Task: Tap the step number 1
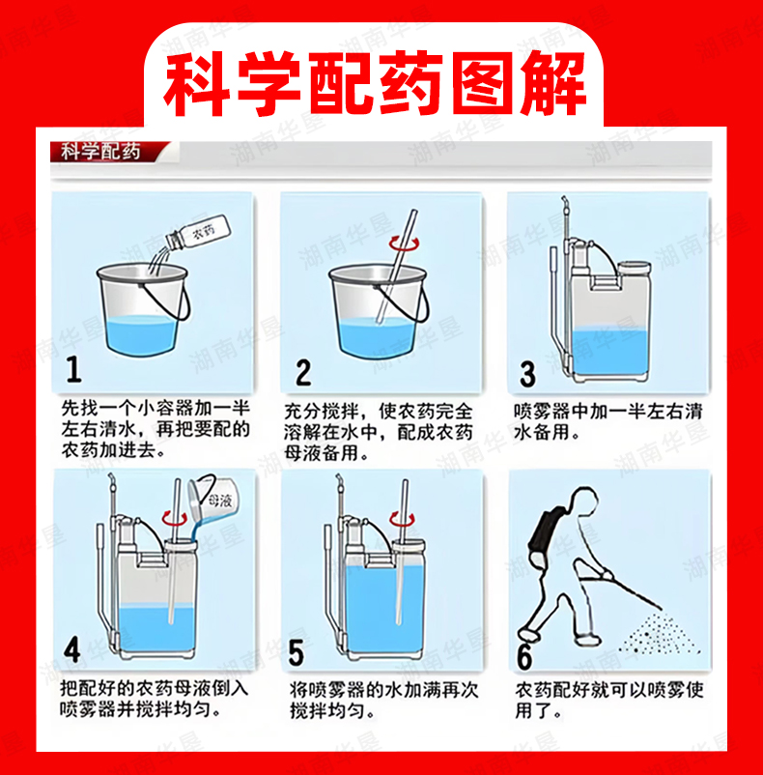(x=74, y=369)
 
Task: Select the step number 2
(x=303, y=372)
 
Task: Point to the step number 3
(x=527, y=374)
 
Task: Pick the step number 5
(x=296, y=652)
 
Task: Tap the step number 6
(x=524, y=657)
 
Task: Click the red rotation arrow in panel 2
(x=404, y=244)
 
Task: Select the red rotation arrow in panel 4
(x=175, y=518)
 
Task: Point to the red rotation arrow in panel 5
(x=402, y=518)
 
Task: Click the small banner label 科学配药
(x=100, y=152)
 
